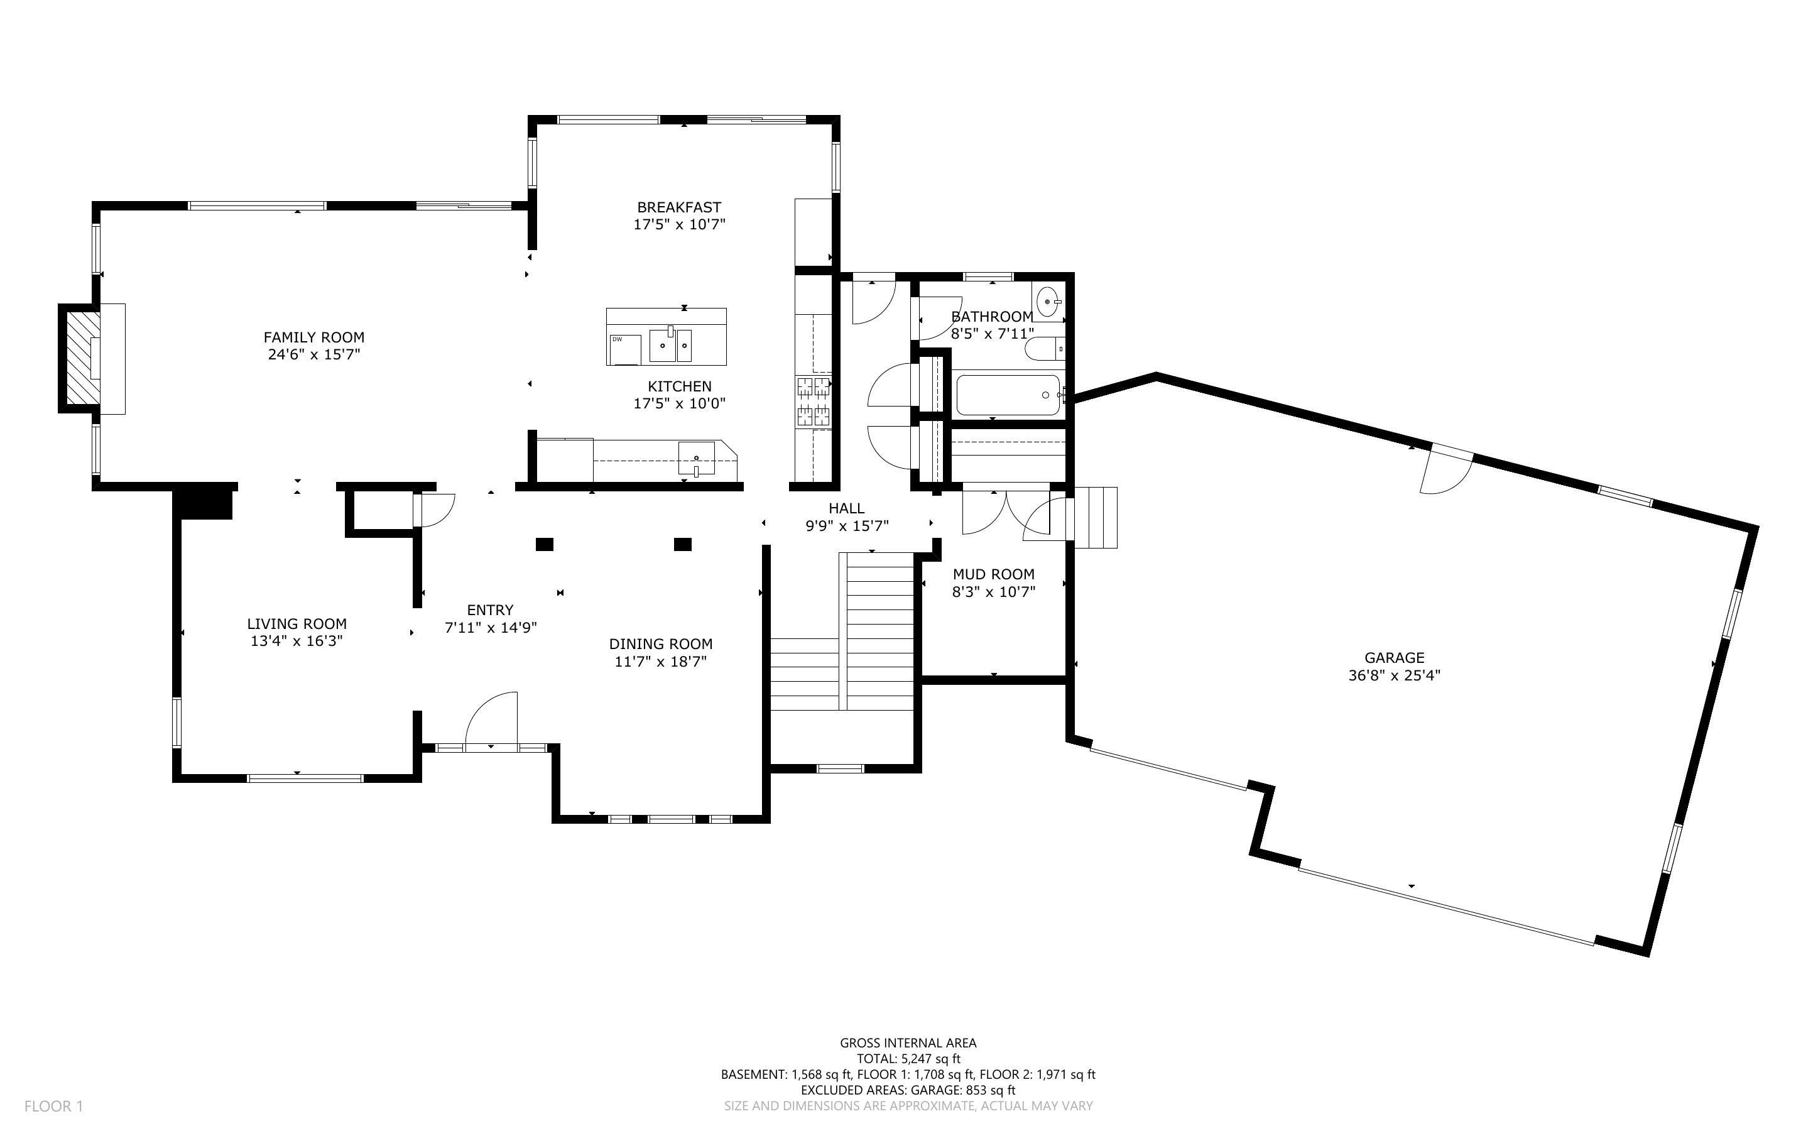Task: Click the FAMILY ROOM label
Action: point(314,337)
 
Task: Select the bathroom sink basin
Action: point(1048,302)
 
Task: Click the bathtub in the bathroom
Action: point(1008,395)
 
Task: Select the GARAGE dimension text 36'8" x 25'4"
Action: point(1395,675)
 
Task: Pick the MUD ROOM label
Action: point(993,574)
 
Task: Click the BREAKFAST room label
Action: point(679,207)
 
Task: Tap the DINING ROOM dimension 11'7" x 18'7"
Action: point(661,662)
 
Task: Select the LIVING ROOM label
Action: point(297,623)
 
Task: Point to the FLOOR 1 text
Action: point(53,1106)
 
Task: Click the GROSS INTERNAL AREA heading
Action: point(908,1043)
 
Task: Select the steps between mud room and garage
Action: point(1096,518)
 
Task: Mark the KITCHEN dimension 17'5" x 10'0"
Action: point(680,403)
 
